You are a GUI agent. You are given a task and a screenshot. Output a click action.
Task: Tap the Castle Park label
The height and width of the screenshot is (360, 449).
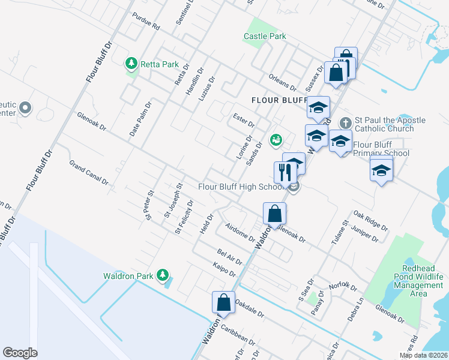(265, 36)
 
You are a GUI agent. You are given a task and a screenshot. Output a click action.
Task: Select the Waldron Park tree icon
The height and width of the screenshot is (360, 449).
(161, 275)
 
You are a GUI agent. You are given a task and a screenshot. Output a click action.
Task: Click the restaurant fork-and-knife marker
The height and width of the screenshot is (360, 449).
(285, 172)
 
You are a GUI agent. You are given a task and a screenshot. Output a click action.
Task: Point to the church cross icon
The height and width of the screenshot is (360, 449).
(345, 122)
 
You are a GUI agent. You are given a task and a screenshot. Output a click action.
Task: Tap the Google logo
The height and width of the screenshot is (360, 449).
(20, 353)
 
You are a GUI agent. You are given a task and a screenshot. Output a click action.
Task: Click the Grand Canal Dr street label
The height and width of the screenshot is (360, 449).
(88, 172)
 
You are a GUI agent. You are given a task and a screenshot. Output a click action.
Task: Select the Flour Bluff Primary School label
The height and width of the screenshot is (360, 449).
(381, 149)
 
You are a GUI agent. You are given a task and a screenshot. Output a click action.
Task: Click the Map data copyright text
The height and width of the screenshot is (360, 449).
(423, 355)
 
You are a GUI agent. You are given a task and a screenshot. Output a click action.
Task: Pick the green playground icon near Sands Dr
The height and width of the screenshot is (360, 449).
(276, 140)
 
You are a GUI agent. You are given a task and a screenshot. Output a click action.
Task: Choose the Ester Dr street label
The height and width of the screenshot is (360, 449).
(243, 117)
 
